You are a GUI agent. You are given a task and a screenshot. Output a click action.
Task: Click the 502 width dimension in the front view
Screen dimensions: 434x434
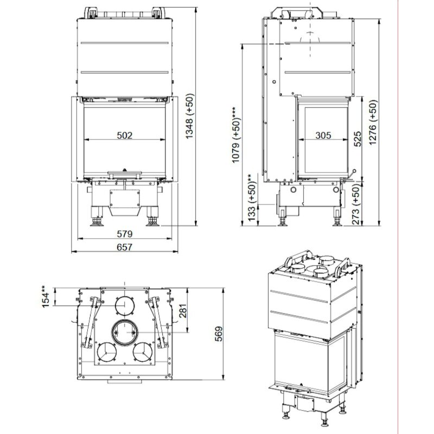pos(125,135)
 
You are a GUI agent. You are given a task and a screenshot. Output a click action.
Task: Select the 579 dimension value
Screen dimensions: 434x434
pos(125,234)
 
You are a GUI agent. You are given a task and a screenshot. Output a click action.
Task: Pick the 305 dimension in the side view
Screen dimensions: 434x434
pos(324,135)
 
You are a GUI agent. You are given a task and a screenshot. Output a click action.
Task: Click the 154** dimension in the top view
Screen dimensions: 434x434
pos(47,298)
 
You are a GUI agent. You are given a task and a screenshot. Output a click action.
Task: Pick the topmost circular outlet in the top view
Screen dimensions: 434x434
pos(126,307)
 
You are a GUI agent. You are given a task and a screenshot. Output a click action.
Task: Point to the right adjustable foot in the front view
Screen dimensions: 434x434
pos(151,220)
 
